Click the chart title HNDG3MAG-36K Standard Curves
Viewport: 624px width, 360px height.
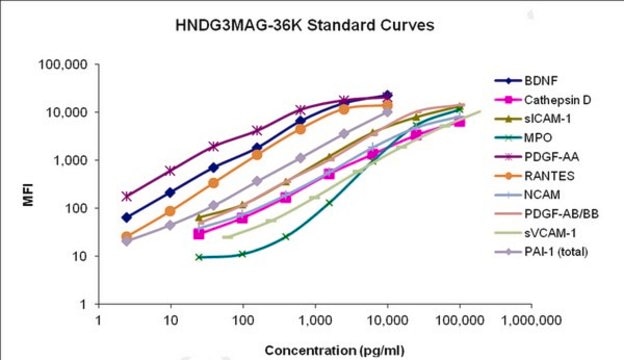[304, 25]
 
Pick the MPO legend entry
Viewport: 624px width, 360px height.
[523, 138]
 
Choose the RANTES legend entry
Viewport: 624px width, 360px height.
[534, 176]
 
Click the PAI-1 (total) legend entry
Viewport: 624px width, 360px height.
[541, 252]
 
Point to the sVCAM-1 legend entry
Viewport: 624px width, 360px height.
[535, 233]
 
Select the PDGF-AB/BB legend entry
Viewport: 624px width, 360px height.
[547, 214]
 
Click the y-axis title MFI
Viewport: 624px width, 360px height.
[28, 195]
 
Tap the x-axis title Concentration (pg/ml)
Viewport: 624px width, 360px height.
[334, 351]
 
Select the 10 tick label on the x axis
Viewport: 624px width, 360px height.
[171, 320]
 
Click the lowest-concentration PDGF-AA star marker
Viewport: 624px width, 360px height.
[127, 196]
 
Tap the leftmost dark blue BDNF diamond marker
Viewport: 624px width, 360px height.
[127, 218]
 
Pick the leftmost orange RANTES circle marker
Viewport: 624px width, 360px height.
[127, 237]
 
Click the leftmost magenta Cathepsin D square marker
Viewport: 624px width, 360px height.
[199, 234]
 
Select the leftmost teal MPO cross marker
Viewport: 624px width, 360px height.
[199, 257]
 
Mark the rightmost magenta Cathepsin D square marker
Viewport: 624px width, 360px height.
[460, 122]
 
